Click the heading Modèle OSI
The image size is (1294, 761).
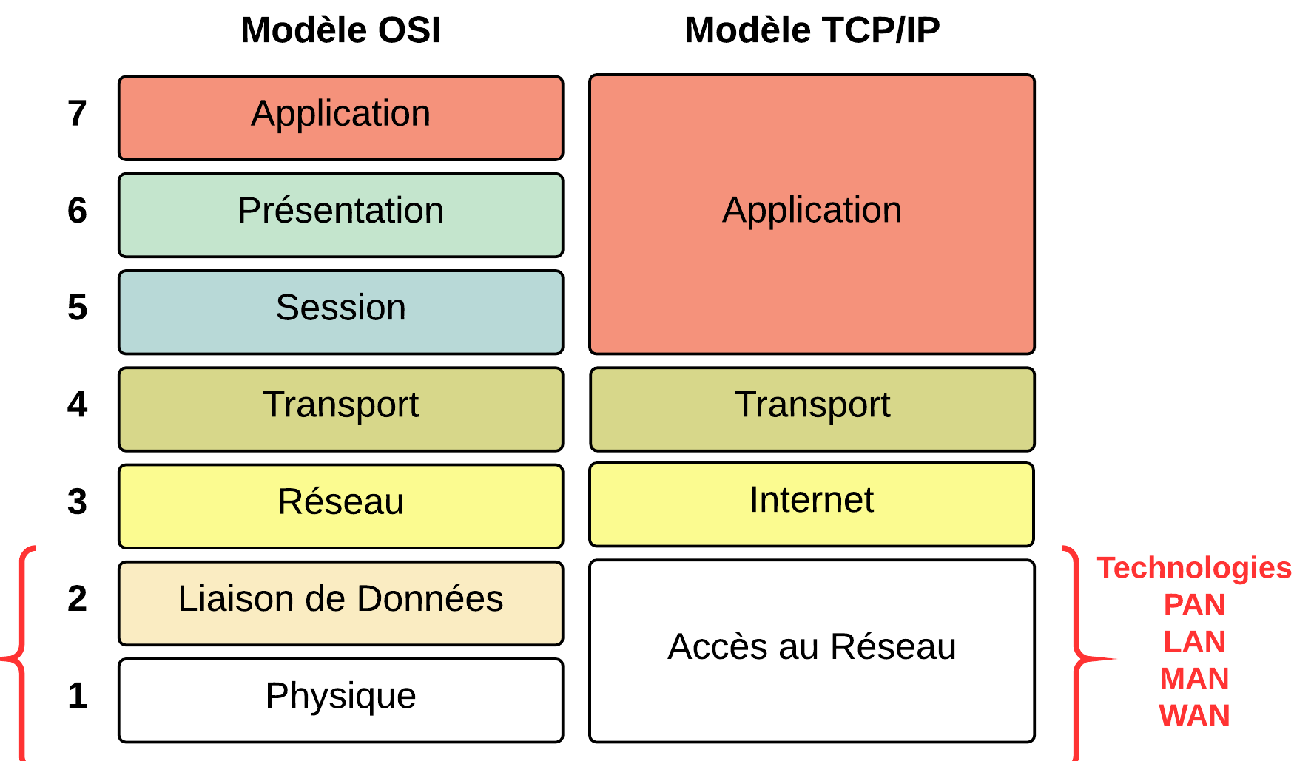[x=340, y=30]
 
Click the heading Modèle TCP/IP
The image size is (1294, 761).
[x=812, y=30]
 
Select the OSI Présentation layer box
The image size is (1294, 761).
[x=341, y=215]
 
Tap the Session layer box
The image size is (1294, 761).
[x=341, y=312]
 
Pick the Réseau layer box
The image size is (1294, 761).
[x=341, y=507]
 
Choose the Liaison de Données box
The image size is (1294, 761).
[x=341, y=603]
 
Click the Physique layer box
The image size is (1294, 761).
[x=341, y=700]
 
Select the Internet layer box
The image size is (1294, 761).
[x=812, y=504]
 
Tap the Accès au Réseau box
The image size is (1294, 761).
[x=812, y=651]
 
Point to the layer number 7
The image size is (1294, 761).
[x=77, y=113]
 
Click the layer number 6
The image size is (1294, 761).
[x=77, y=211]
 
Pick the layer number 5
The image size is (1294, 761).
[x=77, y=308]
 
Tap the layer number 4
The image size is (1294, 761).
[x=77, y=405]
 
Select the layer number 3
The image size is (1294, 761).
[x=77, y=501]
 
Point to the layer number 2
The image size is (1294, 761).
[x=77, y=598]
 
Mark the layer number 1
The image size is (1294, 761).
[x=77, y=696]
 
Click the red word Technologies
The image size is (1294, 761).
[x=1194, y=569]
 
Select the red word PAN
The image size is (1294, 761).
[x=1194, y=605]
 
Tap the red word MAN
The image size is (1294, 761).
[x=1194, y=679]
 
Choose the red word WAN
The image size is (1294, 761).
[x=1194, y=716]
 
